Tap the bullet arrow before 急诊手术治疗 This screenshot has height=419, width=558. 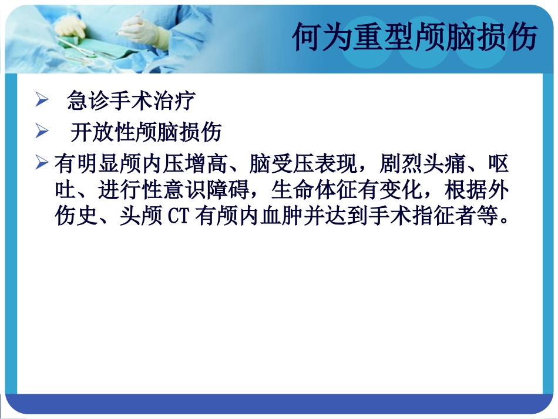[x=41, y=100]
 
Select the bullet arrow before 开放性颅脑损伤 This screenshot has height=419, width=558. [x=41, y=132]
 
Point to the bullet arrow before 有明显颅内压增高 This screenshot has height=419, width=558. [x=41, y=163]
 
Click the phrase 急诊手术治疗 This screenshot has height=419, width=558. [x=131, y=100]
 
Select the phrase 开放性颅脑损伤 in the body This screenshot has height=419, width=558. [x=146, y=132]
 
